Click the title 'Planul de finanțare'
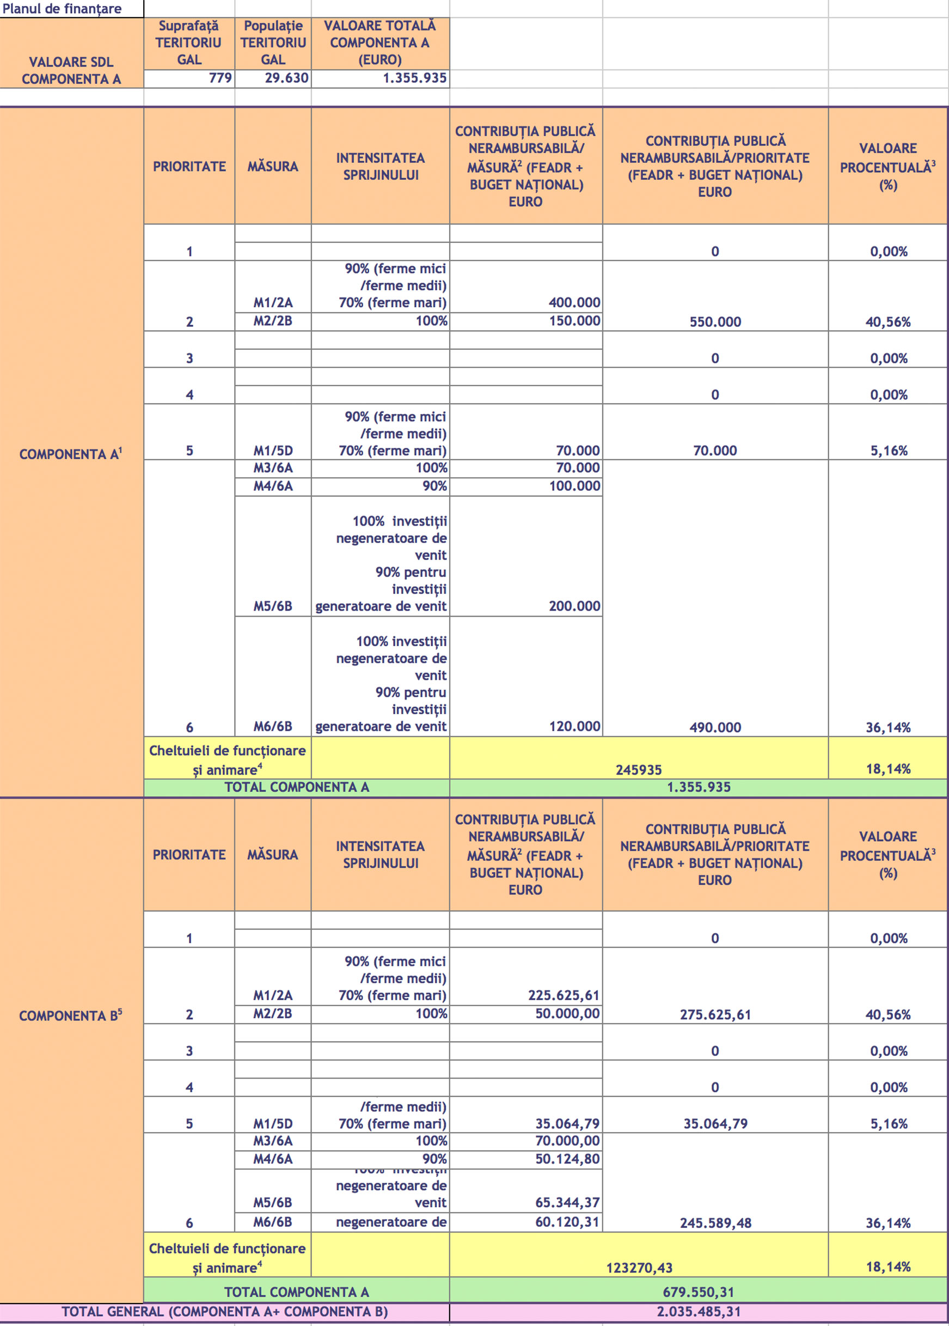[x=62, y=9]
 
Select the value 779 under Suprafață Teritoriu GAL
[x=220, y=78]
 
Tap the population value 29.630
[x=286, y=78]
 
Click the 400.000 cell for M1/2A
[x=574, y=302]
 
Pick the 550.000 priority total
[x=715, y=321]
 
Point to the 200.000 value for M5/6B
[x=574, y=606]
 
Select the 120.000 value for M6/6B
[x=574, y=726]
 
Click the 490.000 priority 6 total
[x=715, y=727]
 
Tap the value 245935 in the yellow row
[x=638, y=770]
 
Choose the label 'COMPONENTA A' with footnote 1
[x=71, y=454]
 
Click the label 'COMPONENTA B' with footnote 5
[x=71, y=1015]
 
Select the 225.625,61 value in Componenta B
[x=564, y=995]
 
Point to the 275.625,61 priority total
[x=715, y=1014]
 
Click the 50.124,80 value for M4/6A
[x=567, y=1159]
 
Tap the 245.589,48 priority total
[x=715, y=1222]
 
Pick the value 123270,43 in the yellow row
[x=639, y=1268]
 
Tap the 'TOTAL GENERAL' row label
[x=224, y=1311]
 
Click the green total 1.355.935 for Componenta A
[x=699, y=787]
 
